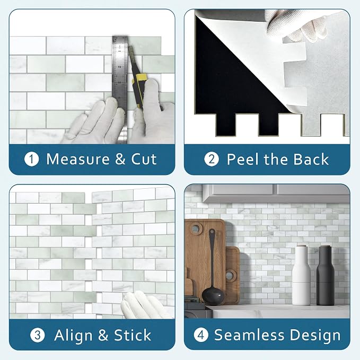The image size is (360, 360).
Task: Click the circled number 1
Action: tap(31, 160)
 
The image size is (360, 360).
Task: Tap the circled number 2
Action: tap(212, 160)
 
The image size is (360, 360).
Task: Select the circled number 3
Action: tap(38, 335)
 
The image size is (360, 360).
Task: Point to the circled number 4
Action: tap(201, 335)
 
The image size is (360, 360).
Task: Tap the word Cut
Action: tap(144, 159)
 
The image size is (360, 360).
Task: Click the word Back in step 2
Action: tap(311, 159)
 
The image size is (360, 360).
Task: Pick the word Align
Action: tap(73, 336)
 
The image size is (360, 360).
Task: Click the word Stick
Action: tap(133, 335)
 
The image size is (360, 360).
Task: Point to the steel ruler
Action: tap(120, 90)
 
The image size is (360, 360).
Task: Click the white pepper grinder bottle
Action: tap(301, 275)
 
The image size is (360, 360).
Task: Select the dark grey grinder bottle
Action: tap(325, 275)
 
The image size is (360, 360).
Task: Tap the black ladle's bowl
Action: tap(213, 296)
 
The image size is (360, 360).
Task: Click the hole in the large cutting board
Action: tap(196, 229)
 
